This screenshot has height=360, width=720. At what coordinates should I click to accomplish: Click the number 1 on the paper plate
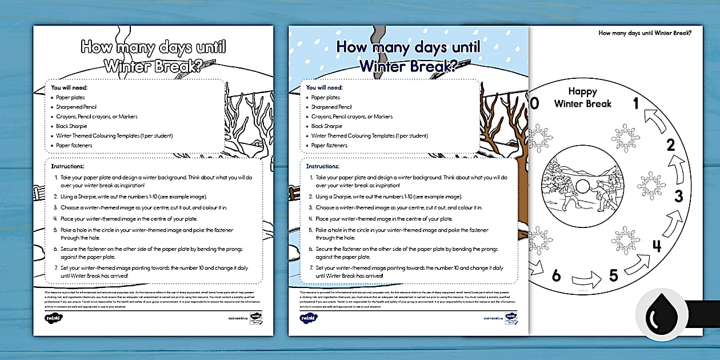coord(635,103)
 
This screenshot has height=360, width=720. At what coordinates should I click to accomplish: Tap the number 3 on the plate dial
coord(678,196)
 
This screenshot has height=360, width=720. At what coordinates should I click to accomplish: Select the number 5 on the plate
coord(613,275)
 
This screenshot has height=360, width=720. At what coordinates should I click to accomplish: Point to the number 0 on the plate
coord(535,103)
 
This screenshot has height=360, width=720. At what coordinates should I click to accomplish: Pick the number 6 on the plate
coord(556,276)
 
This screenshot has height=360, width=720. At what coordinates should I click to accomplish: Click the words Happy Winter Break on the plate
coord(582,98)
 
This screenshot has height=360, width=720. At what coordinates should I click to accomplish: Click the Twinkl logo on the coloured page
coord(309,318)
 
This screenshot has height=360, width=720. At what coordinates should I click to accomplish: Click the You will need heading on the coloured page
coord(324,87)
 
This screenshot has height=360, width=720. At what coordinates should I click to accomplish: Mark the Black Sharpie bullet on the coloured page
coord(327,126)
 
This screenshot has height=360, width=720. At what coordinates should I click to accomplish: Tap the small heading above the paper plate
coord(645,33)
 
